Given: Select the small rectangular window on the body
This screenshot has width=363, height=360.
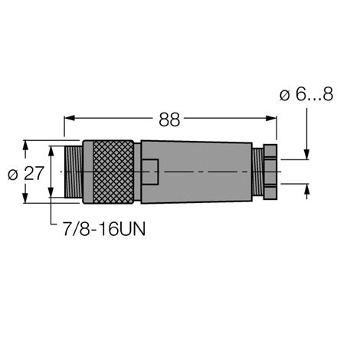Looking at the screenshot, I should tap(150, 172).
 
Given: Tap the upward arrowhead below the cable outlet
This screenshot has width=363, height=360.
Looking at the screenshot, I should tap(306, 190).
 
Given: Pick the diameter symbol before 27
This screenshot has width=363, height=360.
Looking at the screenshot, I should tap(12, 174).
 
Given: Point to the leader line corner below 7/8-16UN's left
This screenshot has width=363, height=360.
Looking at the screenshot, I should tap(51, 227).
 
